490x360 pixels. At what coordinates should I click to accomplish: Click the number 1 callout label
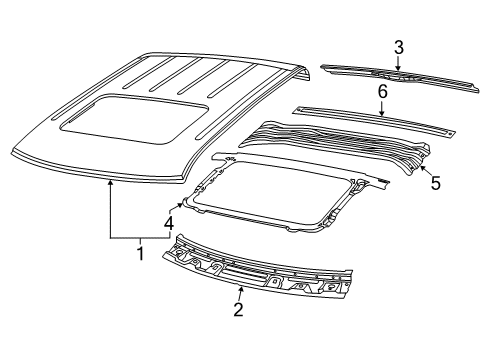coord(140,254)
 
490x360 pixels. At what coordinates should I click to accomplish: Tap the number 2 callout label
coord(238,310)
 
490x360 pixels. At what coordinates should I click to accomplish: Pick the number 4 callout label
coord(168,222)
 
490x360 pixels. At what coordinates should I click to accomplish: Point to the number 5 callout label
coord(434,184)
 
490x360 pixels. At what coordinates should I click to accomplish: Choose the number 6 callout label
coord(382,92)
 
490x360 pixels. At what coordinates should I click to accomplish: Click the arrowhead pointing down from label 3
coord(397,69)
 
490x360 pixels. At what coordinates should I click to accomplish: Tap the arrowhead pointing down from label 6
coord(382,115)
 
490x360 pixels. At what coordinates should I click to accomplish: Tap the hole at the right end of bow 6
coord(449,131)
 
